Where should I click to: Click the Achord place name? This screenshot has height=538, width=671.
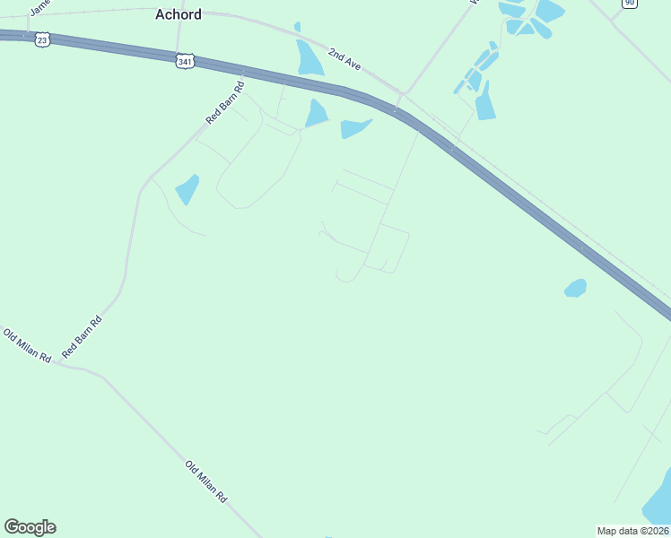point(179,14)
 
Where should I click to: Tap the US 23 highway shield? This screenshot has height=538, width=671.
point(42,39)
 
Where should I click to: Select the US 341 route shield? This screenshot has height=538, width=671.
point(184,61)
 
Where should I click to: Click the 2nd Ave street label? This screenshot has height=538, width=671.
point(344,60)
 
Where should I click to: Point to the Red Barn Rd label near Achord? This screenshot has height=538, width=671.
point(225,103)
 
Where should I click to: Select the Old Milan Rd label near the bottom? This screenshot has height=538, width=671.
point(206,482)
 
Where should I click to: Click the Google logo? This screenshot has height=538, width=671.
point(30,527)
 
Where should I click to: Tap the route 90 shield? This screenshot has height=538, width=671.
point(630,4)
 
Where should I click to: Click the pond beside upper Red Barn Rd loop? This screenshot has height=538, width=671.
point(187,189)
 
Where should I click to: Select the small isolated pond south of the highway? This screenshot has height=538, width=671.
point(575,288)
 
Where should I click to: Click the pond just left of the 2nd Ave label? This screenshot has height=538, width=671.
point(309,58)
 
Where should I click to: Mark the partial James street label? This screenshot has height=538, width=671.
point(39,7)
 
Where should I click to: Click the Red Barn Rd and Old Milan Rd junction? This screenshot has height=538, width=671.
point(56,362)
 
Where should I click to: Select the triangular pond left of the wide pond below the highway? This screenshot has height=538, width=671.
point(316,114)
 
